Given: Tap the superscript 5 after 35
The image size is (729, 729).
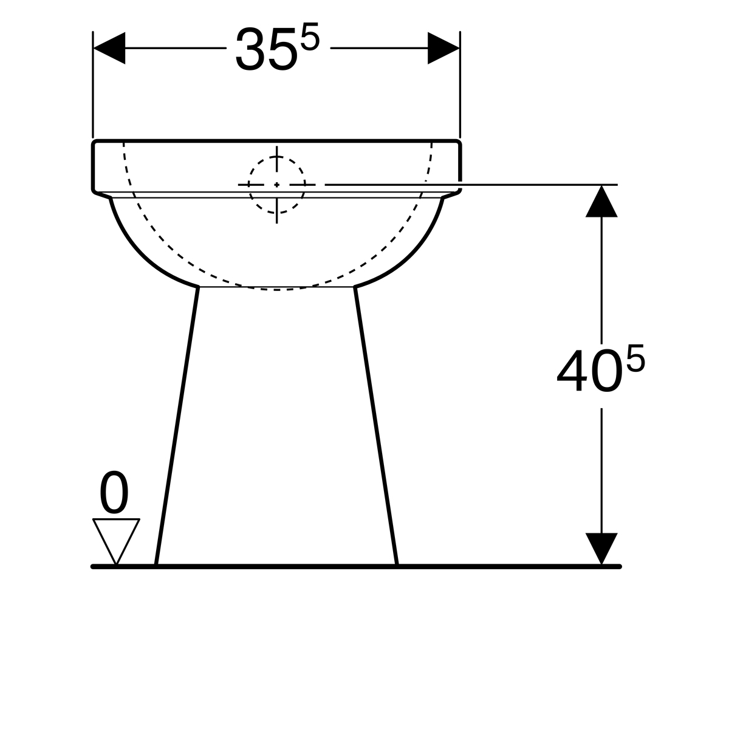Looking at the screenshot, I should click(x=309, y=39).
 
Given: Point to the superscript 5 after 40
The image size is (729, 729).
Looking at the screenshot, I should click(x=635, y=362).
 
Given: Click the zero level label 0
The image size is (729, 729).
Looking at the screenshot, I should click(x=114, y=494).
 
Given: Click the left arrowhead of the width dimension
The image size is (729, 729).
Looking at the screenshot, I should click(x=109, y=48).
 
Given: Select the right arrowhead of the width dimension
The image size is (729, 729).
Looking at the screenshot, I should click(x=443, y=48).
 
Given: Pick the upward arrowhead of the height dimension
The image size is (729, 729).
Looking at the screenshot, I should click(x=601, y=202).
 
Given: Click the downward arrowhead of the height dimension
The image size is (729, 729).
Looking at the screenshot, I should click(x=601, y=548).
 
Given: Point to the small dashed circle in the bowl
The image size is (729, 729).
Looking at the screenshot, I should click(x=276, y=184).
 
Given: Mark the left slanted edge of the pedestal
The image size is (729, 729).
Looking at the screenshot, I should click(x=177, y=425).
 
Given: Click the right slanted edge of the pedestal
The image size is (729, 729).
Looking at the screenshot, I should click(x=375, y=425).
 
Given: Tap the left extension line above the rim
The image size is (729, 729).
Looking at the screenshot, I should click(x=93, y=85).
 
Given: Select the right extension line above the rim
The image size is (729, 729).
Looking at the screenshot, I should click(x=460, y=85).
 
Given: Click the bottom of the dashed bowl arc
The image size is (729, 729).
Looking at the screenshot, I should click(x=276, y=290).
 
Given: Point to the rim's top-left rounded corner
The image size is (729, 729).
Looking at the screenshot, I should click(x=95, y=143).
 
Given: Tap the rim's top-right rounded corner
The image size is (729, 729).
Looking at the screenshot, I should click(x=459, y=143).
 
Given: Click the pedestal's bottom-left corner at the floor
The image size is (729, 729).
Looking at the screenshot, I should click(x=156, y=564).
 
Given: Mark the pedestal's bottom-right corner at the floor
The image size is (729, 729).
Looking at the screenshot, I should click(x=397, y=564).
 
